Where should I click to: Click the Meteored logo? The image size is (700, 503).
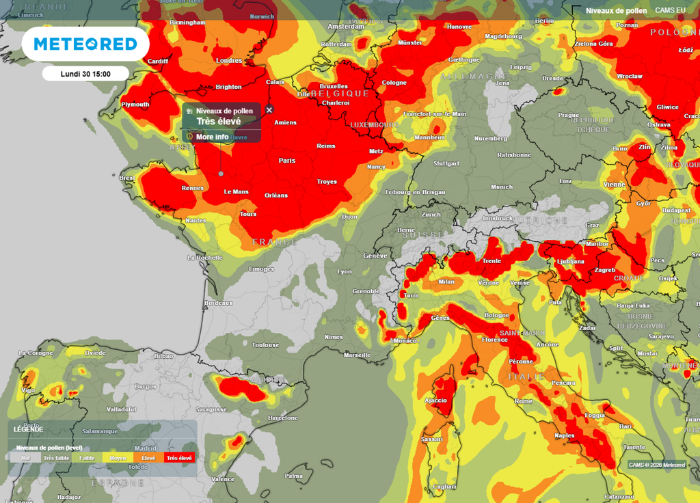(x=85, y=44)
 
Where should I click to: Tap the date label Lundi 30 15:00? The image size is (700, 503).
(x=85, y=74)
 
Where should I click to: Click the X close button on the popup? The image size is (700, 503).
(x=269, y=109)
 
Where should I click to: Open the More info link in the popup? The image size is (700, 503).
(x=212, y=137)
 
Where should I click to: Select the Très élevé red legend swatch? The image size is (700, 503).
(x=180, y=458)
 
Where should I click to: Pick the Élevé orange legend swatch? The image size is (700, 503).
(x=148, y=458)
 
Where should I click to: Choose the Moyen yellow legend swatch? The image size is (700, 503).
(x=118, y=458)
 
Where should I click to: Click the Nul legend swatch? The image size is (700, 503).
(x=25, y=458)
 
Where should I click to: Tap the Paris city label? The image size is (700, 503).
(x=286, y=161)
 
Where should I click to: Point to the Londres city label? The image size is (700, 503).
(x=229, y=61)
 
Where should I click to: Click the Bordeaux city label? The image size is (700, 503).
(x=219, y=302)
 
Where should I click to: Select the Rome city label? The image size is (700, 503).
(x=524, y=401)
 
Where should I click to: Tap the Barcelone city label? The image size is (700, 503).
(x=283, y=418)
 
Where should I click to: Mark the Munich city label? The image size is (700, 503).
(x=501, y=187)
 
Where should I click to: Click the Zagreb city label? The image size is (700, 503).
(x=605, y=271)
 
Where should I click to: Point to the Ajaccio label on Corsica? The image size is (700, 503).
(x=435, y=400)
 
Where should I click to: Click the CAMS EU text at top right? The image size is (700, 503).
(x=670, y=10)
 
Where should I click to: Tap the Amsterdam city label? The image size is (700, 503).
(x=346, y=27)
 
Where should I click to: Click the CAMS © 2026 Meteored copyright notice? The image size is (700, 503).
(x=657, y=465)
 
